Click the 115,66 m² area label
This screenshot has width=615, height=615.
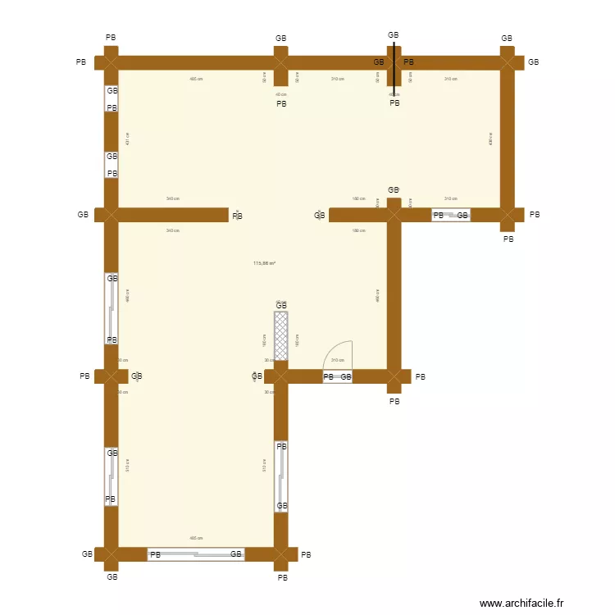(x=264, y=263)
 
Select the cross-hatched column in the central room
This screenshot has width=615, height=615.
(x=281, y=335)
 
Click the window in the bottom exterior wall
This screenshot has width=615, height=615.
(x=196, y=554)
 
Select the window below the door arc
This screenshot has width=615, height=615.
(x=337, y=377)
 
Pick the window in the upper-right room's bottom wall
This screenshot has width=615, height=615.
(x=451, y=215)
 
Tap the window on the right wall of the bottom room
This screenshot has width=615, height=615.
(x=281, y=476)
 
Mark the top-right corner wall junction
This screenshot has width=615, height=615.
(x=508, y=62)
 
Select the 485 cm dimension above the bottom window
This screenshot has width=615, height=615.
(x=196, y=538)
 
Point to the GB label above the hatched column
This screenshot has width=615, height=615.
(x=281, y=305)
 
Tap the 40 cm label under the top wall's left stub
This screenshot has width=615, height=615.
(x=281, y=94)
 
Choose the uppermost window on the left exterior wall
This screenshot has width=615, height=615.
(x=112, y=99)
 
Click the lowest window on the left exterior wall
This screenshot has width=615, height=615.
(x=112, y=476)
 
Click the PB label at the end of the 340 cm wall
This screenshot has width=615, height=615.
(x=238, y=216)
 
